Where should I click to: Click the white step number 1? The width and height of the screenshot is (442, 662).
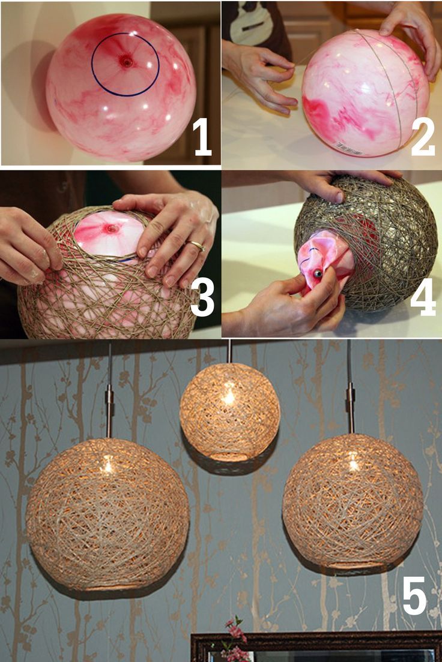(202, 137)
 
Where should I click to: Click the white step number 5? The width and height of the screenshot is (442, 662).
(414, 595)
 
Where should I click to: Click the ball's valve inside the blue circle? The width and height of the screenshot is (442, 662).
(126, 61)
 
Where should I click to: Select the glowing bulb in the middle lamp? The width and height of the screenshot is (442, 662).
(228, 396)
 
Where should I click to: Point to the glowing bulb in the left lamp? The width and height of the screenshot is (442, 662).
(107, 464)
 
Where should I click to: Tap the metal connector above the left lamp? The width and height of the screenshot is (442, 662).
(109, 402)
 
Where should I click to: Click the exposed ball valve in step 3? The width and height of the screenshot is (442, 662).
(111, 228)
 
